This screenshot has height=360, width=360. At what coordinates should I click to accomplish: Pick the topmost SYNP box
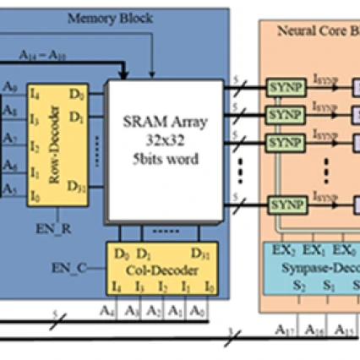click(x=281, y=87)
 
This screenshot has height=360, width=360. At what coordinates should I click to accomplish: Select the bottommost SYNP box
click(x=281, y=204)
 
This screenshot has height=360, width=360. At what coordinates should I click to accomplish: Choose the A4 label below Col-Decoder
click(x=108, y=310)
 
